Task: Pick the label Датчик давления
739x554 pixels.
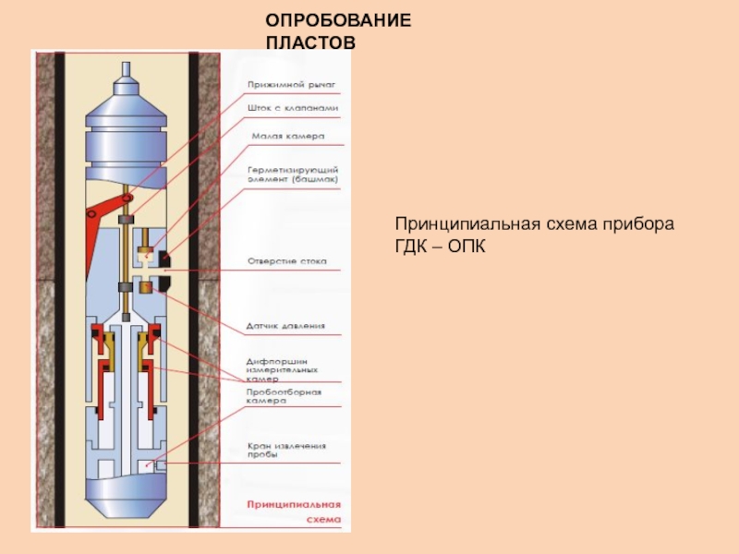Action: (x=285, y=326)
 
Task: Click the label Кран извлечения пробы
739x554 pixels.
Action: (x=286, y=451)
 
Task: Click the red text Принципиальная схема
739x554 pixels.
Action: (x=293, y=512)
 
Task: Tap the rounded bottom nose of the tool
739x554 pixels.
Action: (x=127, y=503)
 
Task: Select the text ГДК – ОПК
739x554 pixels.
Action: (x=440, y=247)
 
